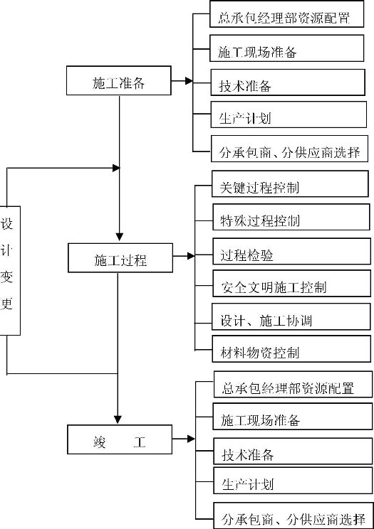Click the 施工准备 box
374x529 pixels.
point(119,80)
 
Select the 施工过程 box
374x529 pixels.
point(120,258)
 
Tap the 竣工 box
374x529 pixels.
point(120,439)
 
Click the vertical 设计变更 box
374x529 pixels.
point(9,271)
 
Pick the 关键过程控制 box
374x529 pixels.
point(290,184)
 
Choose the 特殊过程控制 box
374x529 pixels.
point(291,217)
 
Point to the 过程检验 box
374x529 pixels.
point(291,251)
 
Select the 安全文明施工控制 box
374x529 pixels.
point(291,284)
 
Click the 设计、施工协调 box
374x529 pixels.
point(291,316)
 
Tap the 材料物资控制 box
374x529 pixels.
point(291,349)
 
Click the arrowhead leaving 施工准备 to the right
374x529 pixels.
point(189,81)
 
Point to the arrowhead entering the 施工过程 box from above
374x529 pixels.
point(119,237)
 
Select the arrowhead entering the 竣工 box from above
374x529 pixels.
point(118,420)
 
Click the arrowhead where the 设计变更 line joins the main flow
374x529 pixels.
point(116,168)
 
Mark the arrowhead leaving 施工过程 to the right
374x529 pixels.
point(191,256)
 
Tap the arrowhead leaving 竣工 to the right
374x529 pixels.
point(191,439)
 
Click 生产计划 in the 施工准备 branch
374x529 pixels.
point(245,119)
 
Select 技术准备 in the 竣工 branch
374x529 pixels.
point(248,455)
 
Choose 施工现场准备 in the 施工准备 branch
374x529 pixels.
point(257,52)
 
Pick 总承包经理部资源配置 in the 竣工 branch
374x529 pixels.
point(288,388)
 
